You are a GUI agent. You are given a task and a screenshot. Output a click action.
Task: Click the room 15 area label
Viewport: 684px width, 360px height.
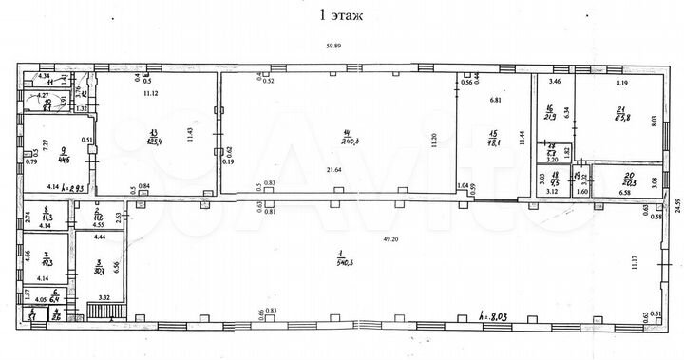coord(492,141)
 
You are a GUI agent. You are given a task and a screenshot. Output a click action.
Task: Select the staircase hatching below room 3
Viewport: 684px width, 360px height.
coord(99,311)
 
